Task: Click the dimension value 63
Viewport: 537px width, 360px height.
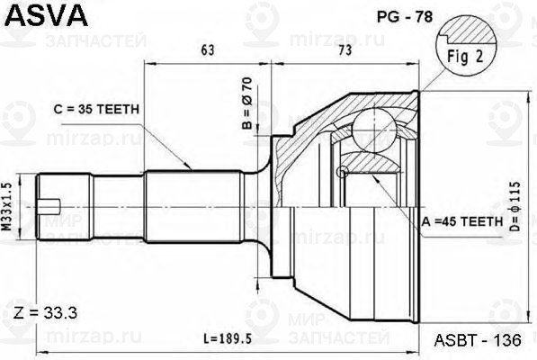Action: pyautogui.click(x=208, y=50)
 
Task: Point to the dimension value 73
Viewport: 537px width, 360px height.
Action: pyautogui.click(x=344, y=50)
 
